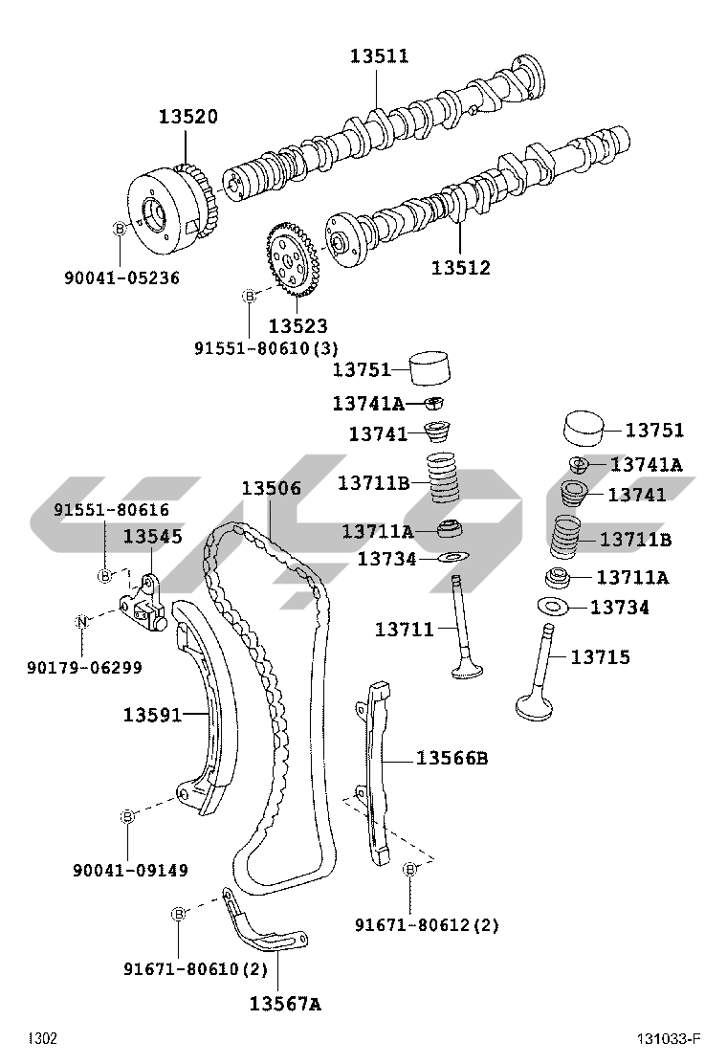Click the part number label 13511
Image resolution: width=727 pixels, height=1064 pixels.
click(379, 56)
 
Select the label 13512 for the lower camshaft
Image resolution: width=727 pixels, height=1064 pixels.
click(460, 268)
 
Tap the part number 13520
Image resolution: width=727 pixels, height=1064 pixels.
click(188, 117)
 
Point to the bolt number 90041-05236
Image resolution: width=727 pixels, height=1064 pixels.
click(121, 278)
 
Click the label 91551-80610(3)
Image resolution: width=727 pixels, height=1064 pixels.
click(267, 347)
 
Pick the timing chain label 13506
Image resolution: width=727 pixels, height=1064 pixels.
click(271, 489)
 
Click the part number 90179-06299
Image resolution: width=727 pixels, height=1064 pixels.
click(84, 667)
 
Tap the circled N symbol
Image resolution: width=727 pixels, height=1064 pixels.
click(82, 622)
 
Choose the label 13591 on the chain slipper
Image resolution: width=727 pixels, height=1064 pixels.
click(152, 714)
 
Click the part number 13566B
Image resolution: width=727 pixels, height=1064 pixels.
click(452, 759)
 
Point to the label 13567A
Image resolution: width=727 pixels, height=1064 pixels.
click(285, 1004)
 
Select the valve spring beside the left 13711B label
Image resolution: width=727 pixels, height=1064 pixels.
click(441, 480)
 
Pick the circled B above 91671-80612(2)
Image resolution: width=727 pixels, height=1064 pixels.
click(410, 869)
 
